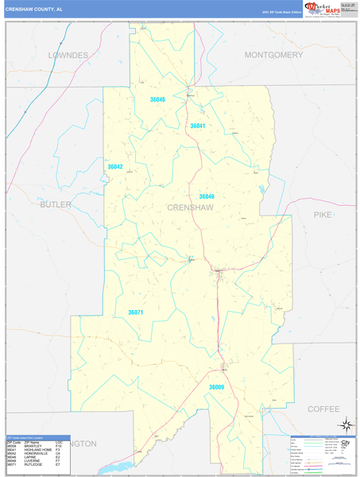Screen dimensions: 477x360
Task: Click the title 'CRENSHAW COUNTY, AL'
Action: pos(34,10)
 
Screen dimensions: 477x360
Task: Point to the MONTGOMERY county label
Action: pos(273,55)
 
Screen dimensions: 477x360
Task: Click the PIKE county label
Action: pos(323,215)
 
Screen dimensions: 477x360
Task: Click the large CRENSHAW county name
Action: pos(191,207)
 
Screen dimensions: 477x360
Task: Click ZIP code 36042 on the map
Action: pos(115,167)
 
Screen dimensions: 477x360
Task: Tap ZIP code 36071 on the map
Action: pos(136,312)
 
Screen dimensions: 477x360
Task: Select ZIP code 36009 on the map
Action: pos(216,386)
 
